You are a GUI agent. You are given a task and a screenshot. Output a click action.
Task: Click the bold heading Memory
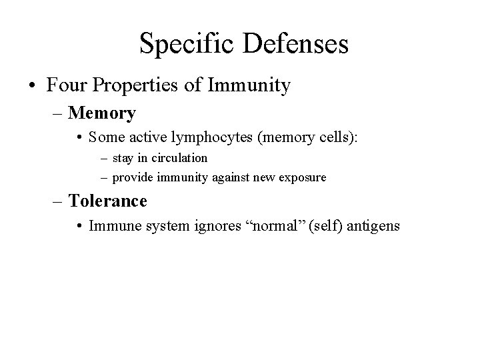102,113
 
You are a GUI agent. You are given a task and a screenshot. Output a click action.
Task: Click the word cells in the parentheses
338,137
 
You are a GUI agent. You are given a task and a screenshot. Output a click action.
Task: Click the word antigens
374,226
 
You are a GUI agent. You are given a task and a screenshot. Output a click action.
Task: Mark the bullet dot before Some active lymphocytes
80,137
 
